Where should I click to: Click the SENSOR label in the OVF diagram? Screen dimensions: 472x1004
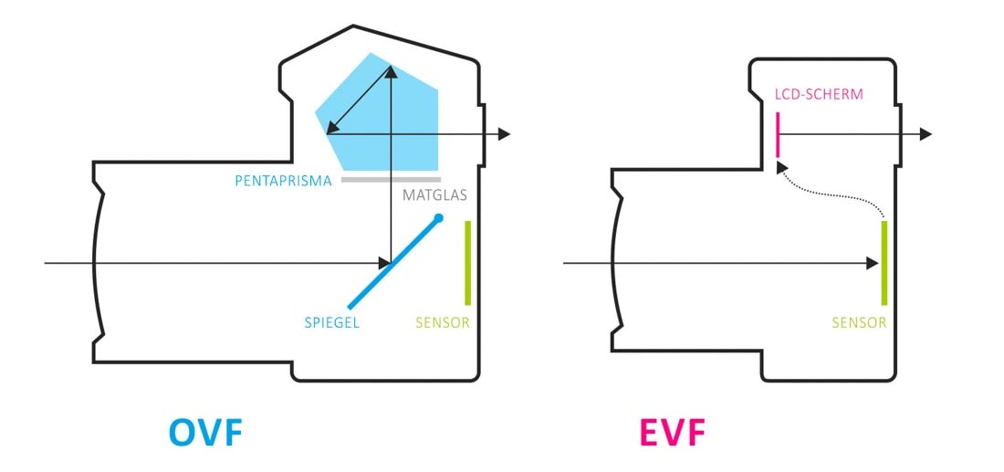click(443, 322)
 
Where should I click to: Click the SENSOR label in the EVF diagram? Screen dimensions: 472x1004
click(859, 322)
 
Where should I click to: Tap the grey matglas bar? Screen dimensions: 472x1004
click(391, 179)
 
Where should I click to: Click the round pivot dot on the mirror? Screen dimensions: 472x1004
click(439, 218)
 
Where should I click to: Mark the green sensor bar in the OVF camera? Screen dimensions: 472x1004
click(467, 262)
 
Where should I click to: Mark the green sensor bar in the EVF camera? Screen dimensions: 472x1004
click(884, 262)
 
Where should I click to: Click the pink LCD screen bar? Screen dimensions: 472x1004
click(777, 134)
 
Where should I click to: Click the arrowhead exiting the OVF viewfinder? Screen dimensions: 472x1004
click(503, 134)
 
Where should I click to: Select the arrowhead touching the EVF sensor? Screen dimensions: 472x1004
click(873, 263)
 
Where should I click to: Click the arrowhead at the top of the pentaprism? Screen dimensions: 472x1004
click(391, 72)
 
